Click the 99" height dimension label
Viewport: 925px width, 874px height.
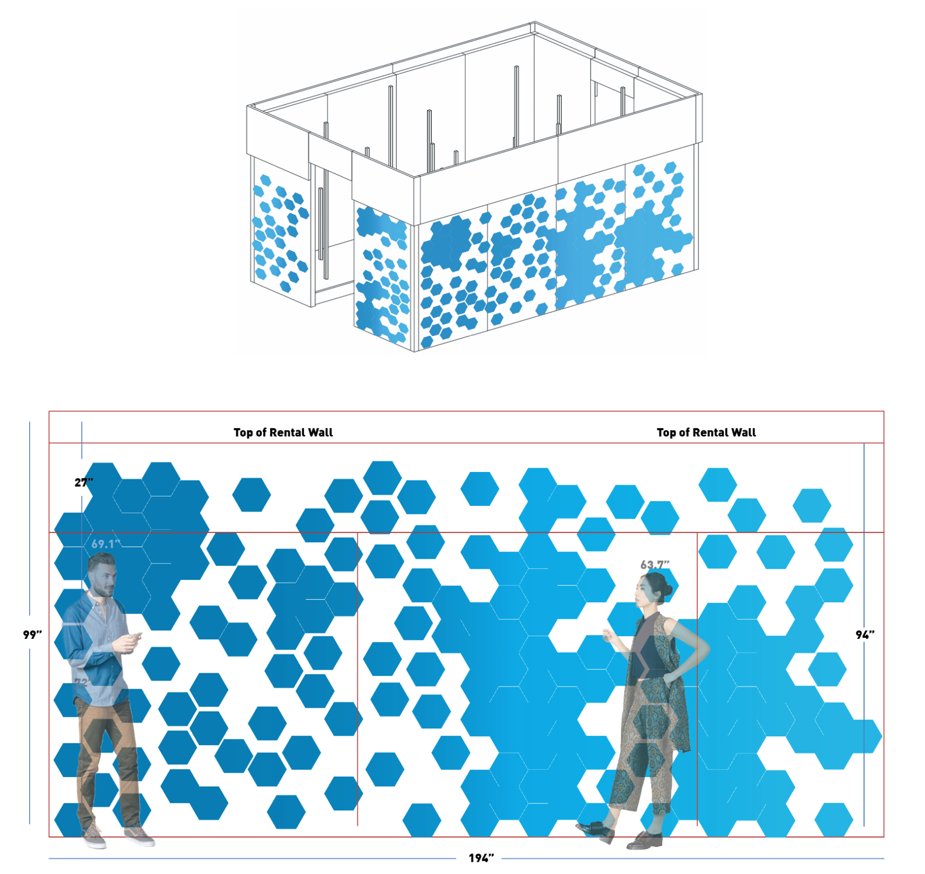point(32,635)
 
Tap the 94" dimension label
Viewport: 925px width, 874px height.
point(865,635)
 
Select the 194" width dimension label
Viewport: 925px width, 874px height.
point(481,858)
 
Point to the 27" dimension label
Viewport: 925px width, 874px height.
point(84,482)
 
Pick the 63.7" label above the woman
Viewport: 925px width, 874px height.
point(655,565)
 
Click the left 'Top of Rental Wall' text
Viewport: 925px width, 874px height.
point(283,432)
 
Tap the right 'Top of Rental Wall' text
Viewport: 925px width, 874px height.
point(706,432)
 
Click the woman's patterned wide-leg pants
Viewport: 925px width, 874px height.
point(644,752)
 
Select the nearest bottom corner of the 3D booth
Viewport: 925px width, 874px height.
point(415,351)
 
